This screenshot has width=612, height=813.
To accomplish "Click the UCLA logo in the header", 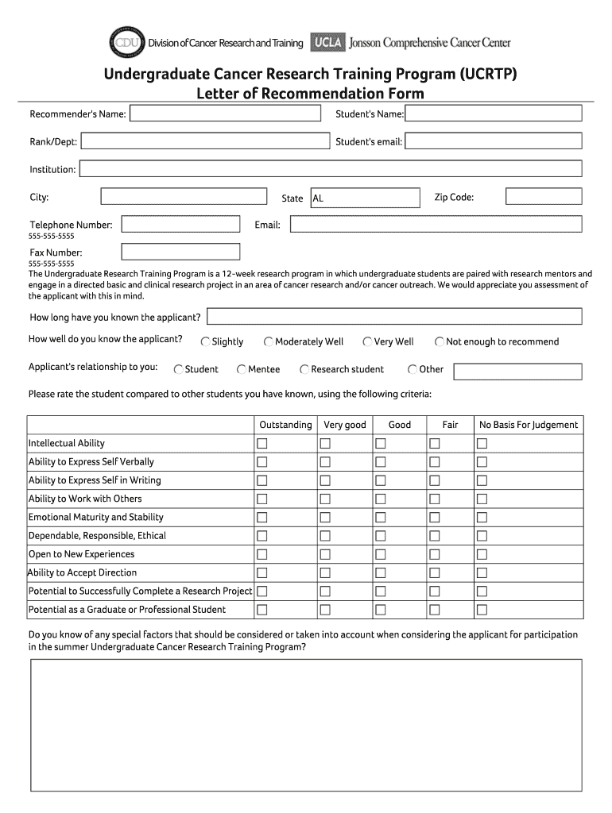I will click(327, 42).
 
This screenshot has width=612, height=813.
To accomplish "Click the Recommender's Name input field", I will click(229, 114).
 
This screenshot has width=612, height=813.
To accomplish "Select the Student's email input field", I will click(494, 141).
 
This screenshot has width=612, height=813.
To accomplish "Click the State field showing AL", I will click(364, 198).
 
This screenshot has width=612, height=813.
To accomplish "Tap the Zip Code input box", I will click(544, 197).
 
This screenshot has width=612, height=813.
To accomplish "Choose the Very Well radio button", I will click(368, 342).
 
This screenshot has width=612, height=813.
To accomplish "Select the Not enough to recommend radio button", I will click(440, 342).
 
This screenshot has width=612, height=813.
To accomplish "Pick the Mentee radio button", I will click(242, 369).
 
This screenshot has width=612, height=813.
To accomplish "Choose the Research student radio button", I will click(304, 369).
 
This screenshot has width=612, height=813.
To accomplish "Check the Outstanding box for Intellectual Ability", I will click(262, 444).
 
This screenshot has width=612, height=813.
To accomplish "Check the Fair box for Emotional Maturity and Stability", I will click(435, 518).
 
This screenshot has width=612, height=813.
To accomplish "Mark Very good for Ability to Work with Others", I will click(325, 499).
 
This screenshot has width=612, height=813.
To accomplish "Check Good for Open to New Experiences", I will click(381, 554).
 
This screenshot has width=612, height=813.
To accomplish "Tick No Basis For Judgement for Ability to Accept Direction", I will click(482, 573).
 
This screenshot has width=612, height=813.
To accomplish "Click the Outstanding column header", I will click(285, 425).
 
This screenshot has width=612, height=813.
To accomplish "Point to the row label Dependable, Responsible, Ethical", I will click(97, 536).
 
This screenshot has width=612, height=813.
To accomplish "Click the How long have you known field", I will click(393, 317).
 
